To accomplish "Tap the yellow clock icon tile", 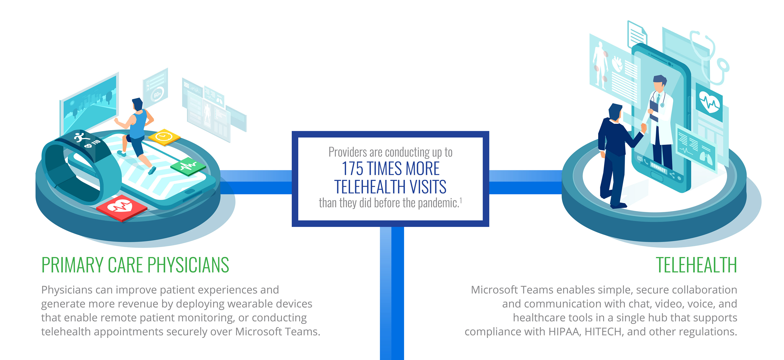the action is (164, 137).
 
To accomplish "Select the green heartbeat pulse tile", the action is (188, 166).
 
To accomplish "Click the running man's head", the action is (138, 104).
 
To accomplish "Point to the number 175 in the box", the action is (352, 169).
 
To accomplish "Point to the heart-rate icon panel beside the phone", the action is (709, 102).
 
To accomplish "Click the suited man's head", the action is (615, 112).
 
